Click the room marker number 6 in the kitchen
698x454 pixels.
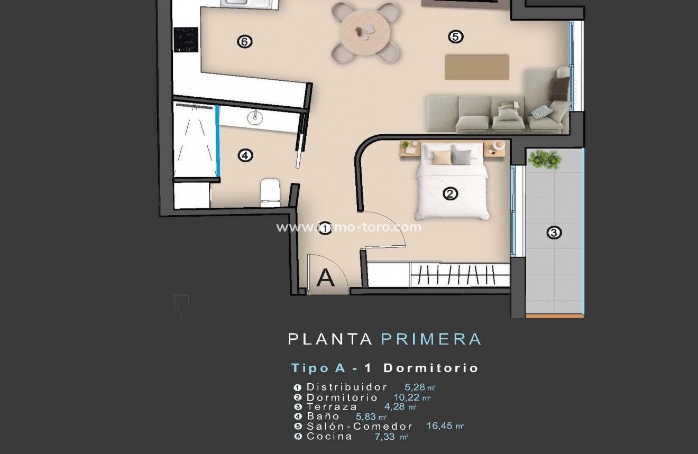(x=244, y=41)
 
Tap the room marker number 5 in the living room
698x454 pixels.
(x=455, y=36)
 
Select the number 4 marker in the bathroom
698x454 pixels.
(x=245, y=155)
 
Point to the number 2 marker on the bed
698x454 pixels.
(x=450, y=194)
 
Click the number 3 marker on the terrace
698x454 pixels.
(x=554, y=232)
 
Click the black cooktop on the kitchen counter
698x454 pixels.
(x=186, y=40)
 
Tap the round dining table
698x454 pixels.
(x=365, y=31)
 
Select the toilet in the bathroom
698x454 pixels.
(x=271, y=192)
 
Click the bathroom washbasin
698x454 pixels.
(x=255, y=117)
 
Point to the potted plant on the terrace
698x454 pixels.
(x=544, y=159)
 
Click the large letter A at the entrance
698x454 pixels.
(x=325, y=278)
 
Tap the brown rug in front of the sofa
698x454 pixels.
(x=476, y=67)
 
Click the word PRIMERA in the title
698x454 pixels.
(x=431, y=339)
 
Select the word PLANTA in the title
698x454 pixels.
(x=330, y=339)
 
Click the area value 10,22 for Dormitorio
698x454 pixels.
(x=407, y=397)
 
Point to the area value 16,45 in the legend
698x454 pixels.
(x=440, y=426)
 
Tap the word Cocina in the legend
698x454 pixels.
(x=329, y=436)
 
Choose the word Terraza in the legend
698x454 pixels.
(x=332, y=406)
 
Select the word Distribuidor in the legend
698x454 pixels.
(x=347, y=387)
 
